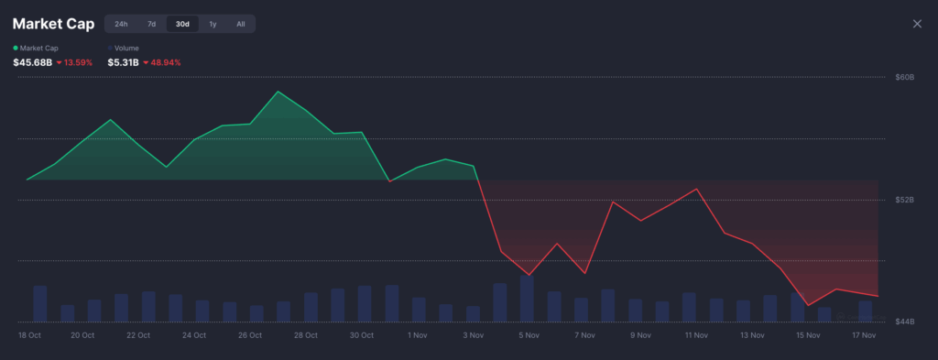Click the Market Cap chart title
pos(52,24)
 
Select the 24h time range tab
pos(121,24)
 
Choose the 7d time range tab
pos(152,24)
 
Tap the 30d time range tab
pos(182,24)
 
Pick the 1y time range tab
pos(213,24)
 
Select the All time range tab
pos(241,24)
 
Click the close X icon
pos(917,24)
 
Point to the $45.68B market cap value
pos(32,62)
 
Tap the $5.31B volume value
pos(123,62)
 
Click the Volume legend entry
pos(126,48)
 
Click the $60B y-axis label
pos(904,77)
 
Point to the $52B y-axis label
pos(904,199)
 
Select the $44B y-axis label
pos(904,322)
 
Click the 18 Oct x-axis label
pos(29,335)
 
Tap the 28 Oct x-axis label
pos(305,335)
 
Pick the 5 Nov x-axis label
pos(528,335)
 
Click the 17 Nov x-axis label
pos(865,335)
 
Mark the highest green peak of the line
pos(278,92)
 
